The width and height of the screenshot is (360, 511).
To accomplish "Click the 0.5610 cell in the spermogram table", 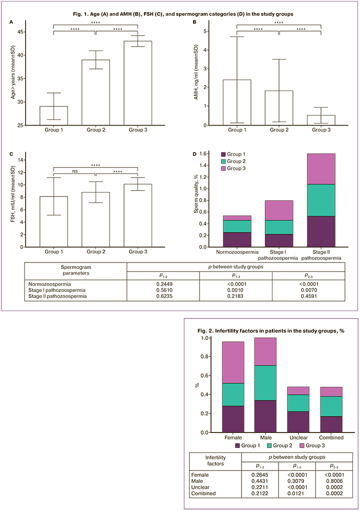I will coord(163,289).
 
